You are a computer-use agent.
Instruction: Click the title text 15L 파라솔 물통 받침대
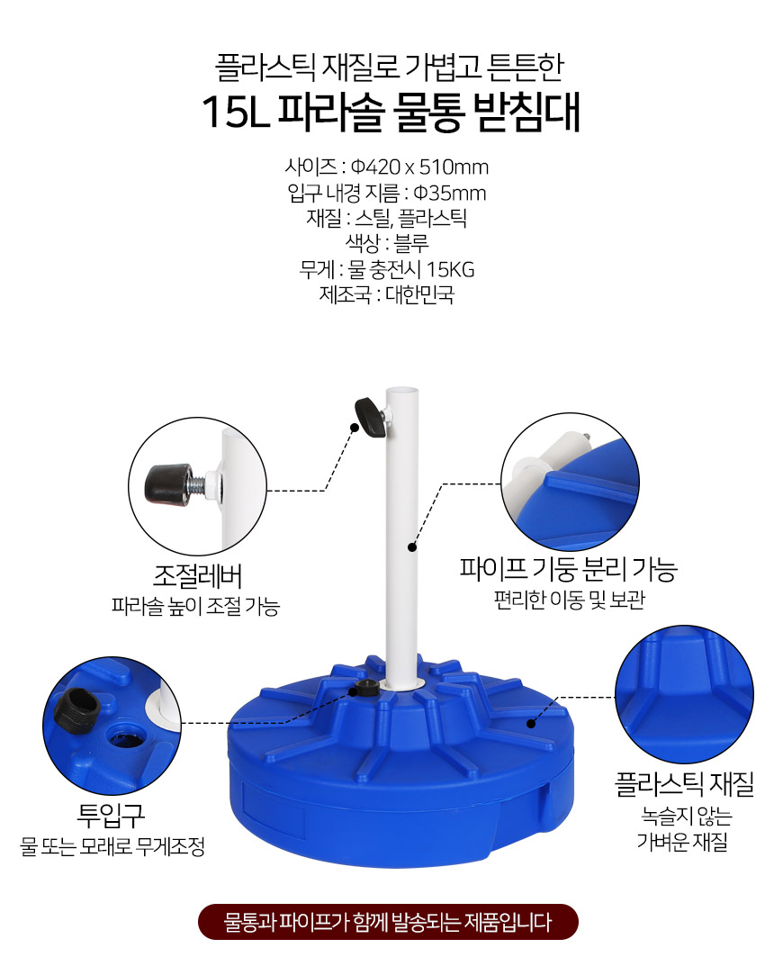click(x=391, y=113)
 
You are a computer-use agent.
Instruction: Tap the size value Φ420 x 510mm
click(x=419, y=167)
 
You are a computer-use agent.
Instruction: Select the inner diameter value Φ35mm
click(x=449, y=193)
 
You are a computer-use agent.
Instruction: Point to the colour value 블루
click(x=410, y=243)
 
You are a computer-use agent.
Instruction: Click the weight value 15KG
click(x=450, y=269)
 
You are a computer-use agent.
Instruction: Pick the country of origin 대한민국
click(x=419, y=295)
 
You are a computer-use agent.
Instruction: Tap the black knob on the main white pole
click(x=370, y=417)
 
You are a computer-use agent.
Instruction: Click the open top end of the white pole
click(x=402, y=392)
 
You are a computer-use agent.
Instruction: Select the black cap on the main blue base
click(x=367, y=688)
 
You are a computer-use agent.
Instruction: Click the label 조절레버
click(x=197, y=577)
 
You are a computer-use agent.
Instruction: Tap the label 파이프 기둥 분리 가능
click(x=569, y=569)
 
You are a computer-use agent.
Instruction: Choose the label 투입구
click(x=111, y=815)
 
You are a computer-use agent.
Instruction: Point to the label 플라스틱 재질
click(x=684, y=783)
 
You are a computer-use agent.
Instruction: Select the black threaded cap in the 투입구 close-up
click(x=76, y=709)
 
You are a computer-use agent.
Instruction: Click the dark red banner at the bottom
click(x=388, y=922)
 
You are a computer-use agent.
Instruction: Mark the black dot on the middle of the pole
click(x=412, y=546)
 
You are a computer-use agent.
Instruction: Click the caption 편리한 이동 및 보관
click(x=569, y=600)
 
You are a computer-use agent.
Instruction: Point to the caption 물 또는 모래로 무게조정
click(x=112, y=846)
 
